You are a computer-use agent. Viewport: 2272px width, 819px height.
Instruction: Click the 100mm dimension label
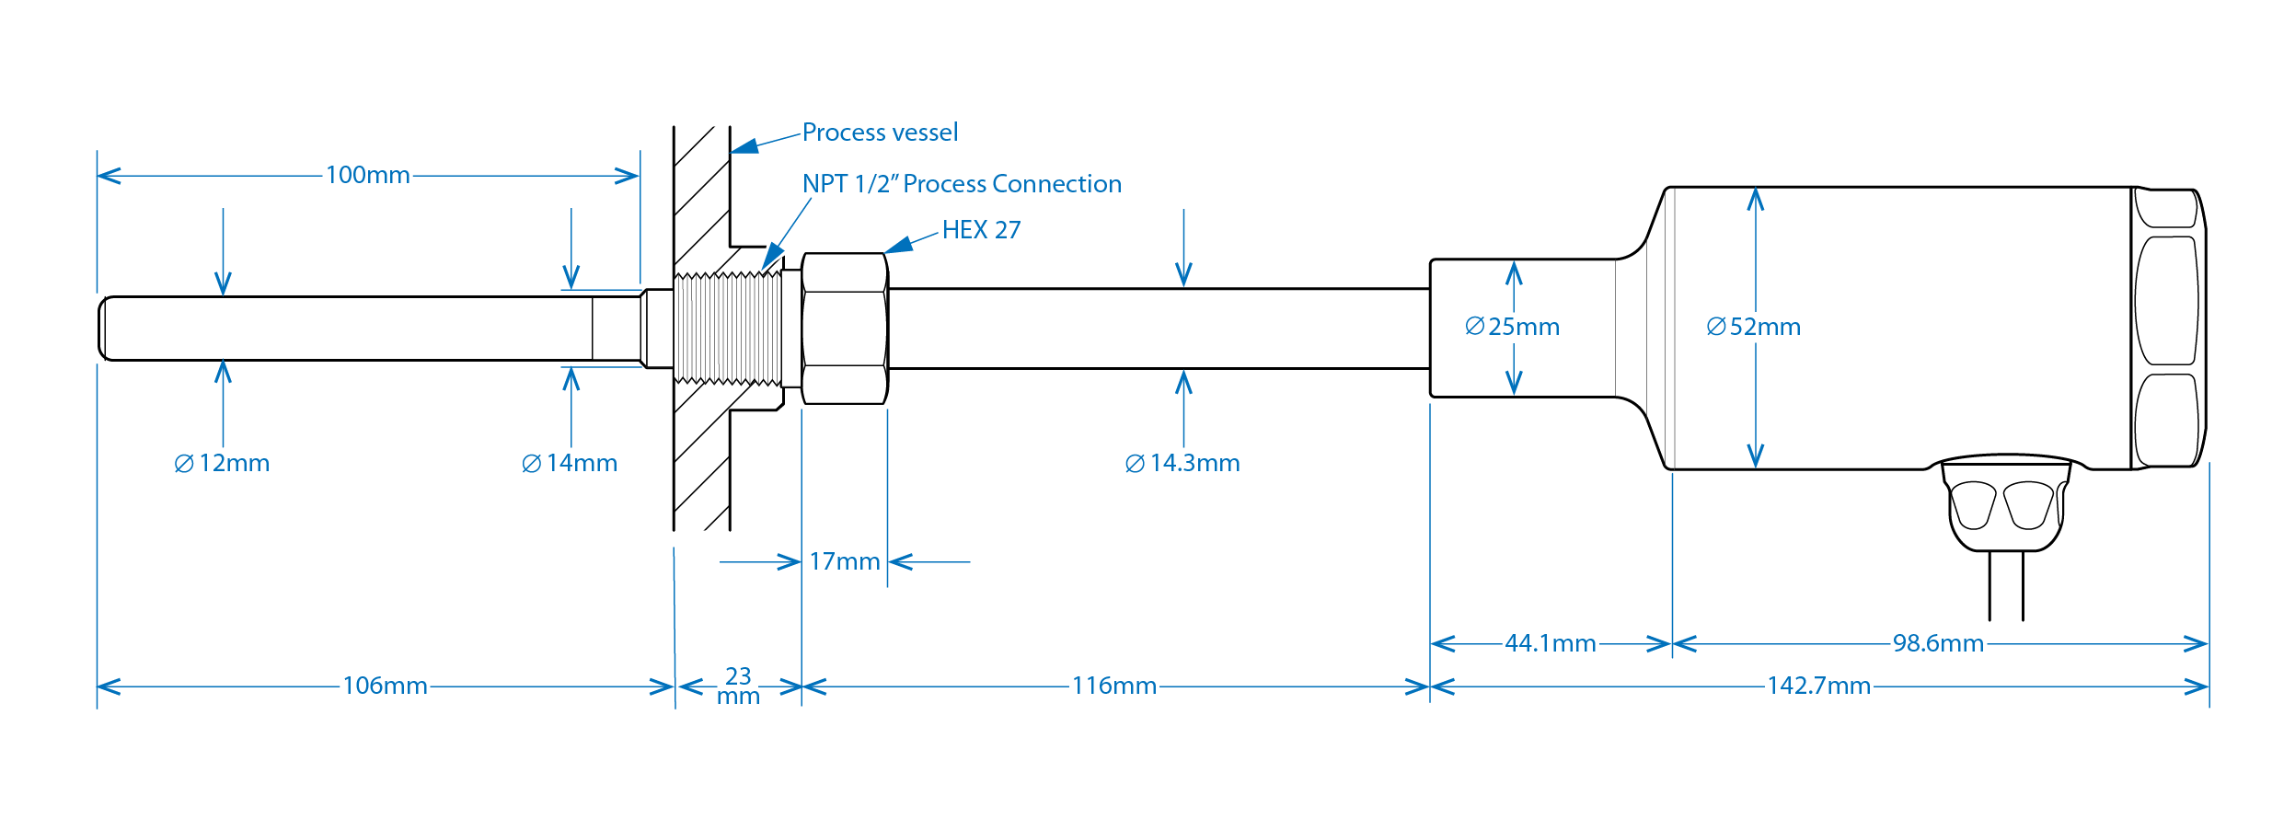coord(367,175)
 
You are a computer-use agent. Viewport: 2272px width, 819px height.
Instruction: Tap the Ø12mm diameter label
coord(222,463)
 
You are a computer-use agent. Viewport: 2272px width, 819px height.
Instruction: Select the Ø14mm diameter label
coord(570,463)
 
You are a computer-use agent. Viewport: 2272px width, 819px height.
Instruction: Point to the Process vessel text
coord(880,133)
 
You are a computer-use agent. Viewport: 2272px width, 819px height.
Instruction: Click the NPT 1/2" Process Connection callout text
coord(962,184)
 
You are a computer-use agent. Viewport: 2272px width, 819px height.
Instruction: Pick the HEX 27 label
coord(981,230)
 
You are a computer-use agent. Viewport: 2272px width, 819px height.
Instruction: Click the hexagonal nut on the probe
coord(844,329)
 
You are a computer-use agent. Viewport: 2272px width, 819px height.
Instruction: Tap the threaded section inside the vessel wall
coord(727,328)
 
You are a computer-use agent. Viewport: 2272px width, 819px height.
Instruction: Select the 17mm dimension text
coord(844,561)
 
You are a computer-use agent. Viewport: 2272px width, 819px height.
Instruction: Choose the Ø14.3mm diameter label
coord(1182,463)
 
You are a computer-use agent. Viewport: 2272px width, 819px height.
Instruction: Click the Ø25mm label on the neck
coord(1512,327)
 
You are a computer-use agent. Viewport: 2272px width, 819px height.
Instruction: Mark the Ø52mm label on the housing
coord(1753,327)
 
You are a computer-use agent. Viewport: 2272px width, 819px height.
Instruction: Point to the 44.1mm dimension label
coord(1550,643)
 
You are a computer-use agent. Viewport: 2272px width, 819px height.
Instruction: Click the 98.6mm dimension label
coord(1937,643)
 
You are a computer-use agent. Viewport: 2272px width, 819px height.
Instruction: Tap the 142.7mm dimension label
coord(1818,686)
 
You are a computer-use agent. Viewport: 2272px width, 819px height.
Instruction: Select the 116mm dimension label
coord(1113,686)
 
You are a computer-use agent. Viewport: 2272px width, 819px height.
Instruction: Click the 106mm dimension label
coord(385,686)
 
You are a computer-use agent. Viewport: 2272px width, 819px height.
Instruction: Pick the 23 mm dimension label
coord(738,686)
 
